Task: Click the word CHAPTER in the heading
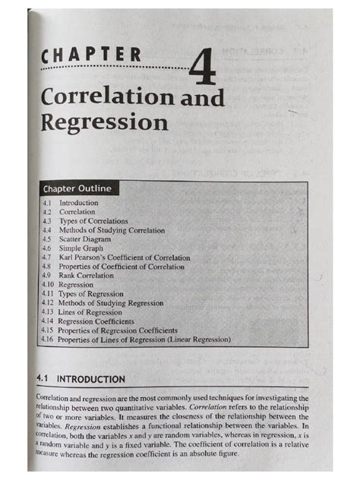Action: pyautogui.click(x=91, y=55)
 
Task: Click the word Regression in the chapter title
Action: pyautogui.click(x=105, y=122)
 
